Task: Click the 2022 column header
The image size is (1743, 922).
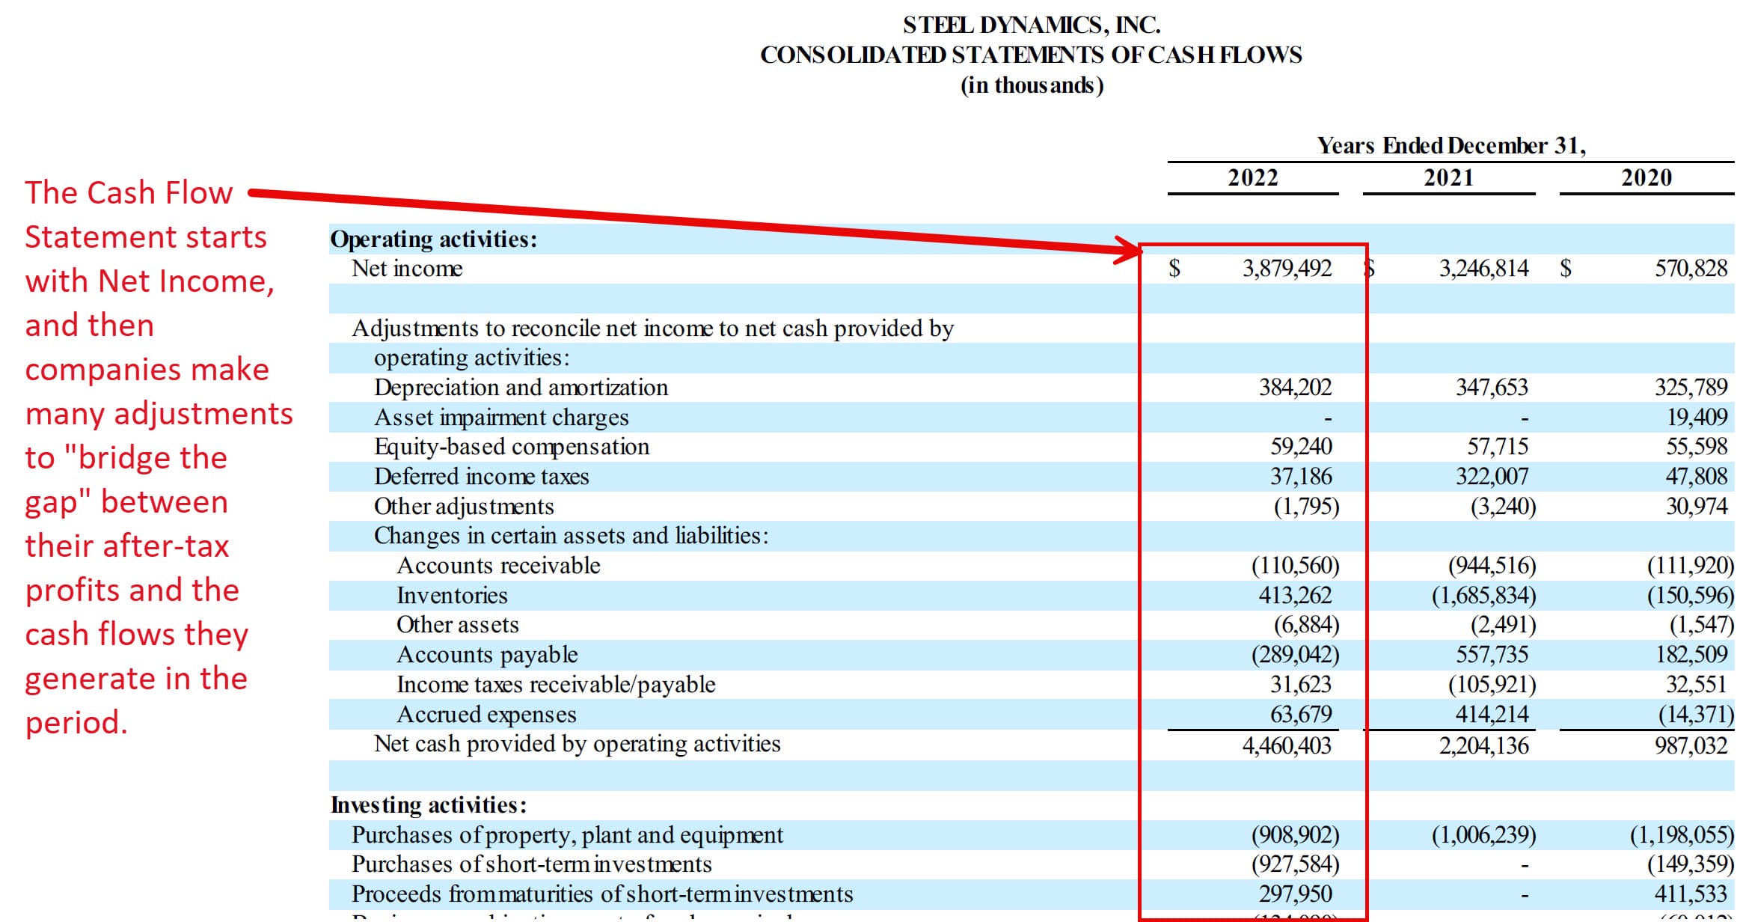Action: [x=1252, y=178]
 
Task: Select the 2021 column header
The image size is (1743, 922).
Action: [x=1448, y=178]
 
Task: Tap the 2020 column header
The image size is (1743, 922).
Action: [x=1646, y=178]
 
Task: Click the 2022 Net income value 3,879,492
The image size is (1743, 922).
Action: [x=1287, y=269]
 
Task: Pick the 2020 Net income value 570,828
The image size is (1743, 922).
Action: [x=1691, y=269]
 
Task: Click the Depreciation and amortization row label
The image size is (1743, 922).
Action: [x=521, y=388]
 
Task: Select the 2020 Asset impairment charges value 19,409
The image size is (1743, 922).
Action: [x=1697, y=418]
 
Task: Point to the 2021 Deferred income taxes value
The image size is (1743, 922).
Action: [x=1492, y=477]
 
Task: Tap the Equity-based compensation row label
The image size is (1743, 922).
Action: [x=512, y=447]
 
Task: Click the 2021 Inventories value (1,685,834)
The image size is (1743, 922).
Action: [x=1483, y=596]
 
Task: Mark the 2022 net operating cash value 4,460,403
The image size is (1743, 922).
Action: [x=1287, y=745]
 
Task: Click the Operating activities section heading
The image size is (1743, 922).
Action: [x=434, y=239]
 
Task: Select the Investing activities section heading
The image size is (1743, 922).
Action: [x=429, y=805]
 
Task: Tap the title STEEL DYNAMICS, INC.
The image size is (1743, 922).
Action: [x=1032, y=25]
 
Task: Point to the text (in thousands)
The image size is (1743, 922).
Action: [x=1032, y=85]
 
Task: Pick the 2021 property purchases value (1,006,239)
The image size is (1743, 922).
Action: [x=1483, y=835]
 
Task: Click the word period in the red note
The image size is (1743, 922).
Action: [x=76, y=723]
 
